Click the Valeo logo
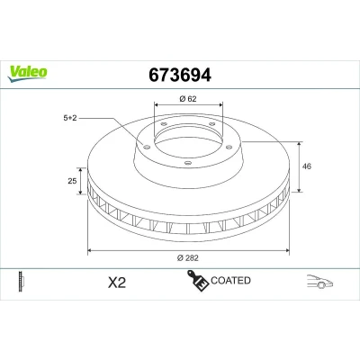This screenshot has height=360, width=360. [27, 74]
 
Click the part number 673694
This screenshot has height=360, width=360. [180, 76]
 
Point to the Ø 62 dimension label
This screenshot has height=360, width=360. [188, 99]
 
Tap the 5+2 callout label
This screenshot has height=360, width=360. [70, 118]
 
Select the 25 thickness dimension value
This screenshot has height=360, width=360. [72, 181]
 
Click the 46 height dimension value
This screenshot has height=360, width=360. [307, 166]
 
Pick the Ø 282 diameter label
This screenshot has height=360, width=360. [188, 258]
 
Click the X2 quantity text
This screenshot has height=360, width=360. [117, 283]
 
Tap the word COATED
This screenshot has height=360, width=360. [230, 281]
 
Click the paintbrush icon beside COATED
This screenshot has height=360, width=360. [198, 281]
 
